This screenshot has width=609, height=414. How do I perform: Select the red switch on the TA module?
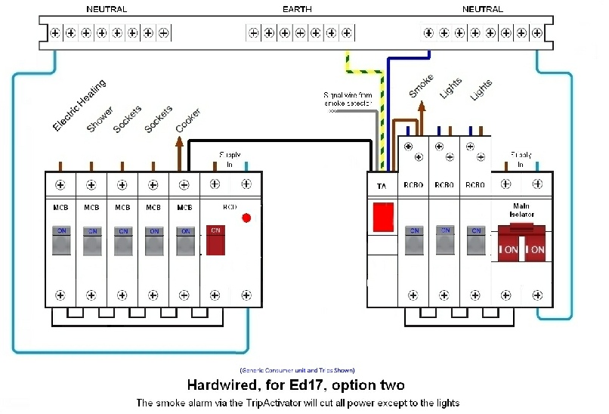tap(383, 216)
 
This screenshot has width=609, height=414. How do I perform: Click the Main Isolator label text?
tap(521, 210)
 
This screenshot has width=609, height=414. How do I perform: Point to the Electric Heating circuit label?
tap(79, 106)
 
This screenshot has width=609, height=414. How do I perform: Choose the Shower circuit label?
tap(100, 120)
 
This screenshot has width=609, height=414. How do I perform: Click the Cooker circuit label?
tap(188, 120)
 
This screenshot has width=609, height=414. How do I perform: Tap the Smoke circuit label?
tap(421, 86)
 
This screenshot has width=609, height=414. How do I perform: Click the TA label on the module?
tap(382, 185)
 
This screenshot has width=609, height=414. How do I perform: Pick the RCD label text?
tap(230, 206)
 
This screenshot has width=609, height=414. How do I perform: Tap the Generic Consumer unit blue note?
tap(297, 371)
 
